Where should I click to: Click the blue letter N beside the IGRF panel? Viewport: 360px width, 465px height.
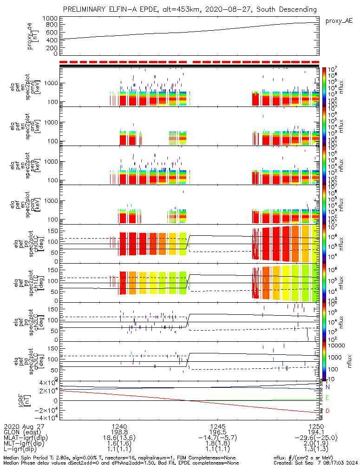tap(327, 387)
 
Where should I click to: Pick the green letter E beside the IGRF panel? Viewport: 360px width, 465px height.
tap(327, 398)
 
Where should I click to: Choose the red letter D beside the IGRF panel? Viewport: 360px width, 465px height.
tap(327, 411)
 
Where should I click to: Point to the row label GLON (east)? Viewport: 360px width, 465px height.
tap(22, 432)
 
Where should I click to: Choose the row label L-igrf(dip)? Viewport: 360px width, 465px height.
tap(22, 449)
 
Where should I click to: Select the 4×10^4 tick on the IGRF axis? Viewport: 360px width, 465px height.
tap(47, 383)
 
